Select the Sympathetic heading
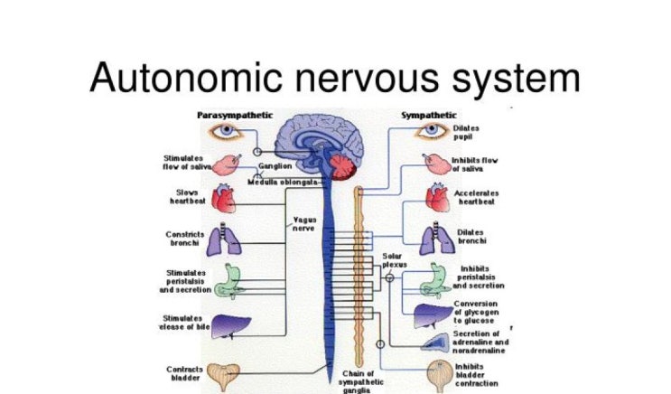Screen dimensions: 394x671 point(428,115)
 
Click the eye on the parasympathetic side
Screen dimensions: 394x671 point(223,131)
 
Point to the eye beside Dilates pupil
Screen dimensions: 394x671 point(432,131)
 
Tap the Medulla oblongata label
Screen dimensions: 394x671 point(288,182)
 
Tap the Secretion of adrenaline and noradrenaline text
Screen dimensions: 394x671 point(481,342)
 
